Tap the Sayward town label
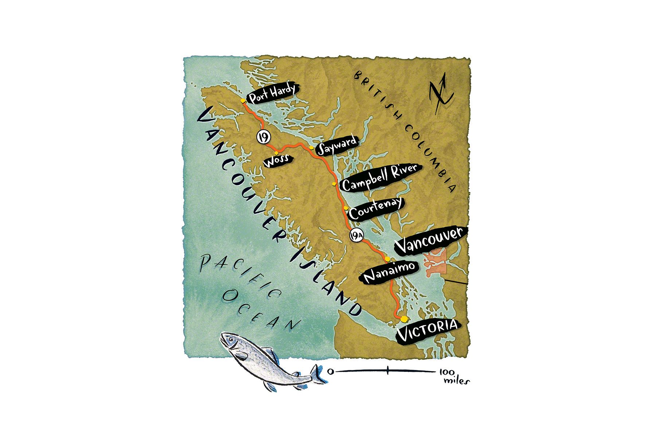pos(337,146)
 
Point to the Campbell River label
pos(380,177)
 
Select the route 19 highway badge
pos(263,137)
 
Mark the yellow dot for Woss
pos(277,153)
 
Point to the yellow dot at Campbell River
pos(334,185)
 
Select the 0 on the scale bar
pos(331,371)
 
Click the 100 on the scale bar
pos(446,372)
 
